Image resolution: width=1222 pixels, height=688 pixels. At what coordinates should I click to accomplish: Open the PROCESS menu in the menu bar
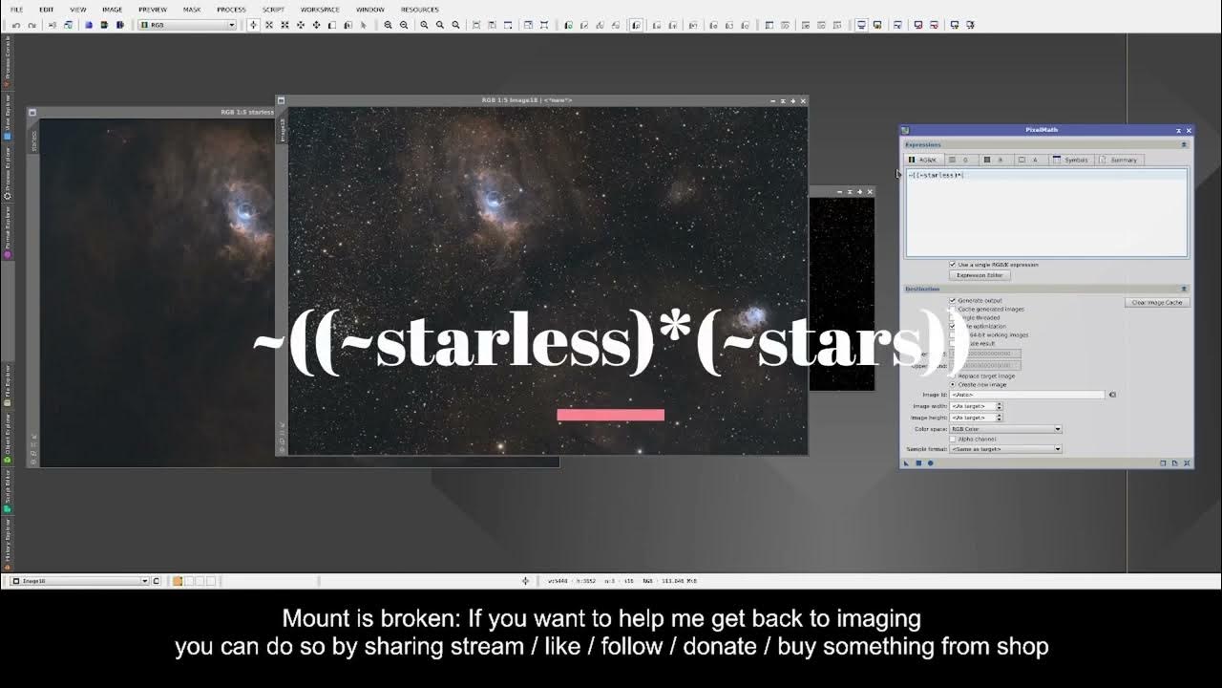click(231, 10)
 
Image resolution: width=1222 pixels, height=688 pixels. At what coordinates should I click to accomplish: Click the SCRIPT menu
click(273, 10)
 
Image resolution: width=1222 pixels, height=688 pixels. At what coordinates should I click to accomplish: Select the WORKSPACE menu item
click(320, 10)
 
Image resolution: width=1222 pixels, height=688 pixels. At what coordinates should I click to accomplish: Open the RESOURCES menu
click(420, 10)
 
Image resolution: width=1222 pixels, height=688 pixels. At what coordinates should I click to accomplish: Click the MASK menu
click(192, 10)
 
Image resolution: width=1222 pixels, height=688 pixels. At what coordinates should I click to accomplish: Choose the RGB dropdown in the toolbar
click(188, 25)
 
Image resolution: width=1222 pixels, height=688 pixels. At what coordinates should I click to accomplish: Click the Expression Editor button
click(980, 275)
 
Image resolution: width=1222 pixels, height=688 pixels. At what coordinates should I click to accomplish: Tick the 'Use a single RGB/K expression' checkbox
click(953, 265)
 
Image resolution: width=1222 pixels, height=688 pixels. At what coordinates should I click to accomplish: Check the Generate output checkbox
click(953, 301)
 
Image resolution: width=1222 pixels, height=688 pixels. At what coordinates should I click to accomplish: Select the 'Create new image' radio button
click(953, 384)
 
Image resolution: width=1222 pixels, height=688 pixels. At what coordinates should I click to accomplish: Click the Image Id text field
click(1027, 395)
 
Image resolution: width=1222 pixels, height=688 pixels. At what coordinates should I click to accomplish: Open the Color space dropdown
click(1005, 429)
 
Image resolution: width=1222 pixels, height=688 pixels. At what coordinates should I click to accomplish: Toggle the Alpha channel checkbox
click(953, 439)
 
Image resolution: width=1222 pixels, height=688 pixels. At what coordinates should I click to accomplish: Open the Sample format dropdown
click(1005, 449)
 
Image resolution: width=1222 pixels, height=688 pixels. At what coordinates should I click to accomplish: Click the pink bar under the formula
click(610, 415)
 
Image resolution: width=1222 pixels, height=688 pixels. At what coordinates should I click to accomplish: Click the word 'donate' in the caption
click(720, 647)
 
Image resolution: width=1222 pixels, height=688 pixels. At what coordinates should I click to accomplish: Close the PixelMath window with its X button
click(1189, 130)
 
